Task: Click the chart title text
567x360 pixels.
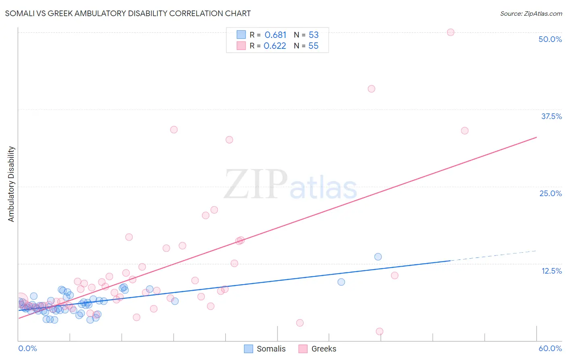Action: tap(128, 13)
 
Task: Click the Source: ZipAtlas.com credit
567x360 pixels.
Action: tap(531, 13)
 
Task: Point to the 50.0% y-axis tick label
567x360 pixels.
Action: tap(550, 39)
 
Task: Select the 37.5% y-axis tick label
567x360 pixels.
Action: tap(551, 116)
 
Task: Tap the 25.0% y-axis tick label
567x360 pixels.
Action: tap(550, 193)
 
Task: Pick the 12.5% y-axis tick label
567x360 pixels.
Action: tap(551, 271)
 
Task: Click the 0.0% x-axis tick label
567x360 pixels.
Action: tap(27, 348)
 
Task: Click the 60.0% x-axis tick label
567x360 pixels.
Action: tap(550, 348)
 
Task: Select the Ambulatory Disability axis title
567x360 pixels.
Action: tap(11, 184)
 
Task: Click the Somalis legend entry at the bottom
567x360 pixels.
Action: tap(265, 349)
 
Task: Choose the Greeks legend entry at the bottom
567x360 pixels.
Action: tap(317, 349)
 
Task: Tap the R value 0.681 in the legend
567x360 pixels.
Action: tap(275, 35)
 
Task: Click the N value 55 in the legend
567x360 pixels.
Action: tap(313, 46)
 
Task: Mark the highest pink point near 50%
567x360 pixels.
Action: tap(450, 32)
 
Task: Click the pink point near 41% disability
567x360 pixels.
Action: tap(371, 89)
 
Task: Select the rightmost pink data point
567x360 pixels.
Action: tap(465, 131)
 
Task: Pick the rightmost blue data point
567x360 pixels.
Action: tap(378, 257)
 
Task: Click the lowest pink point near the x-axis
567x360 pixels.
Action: tap(379, 331)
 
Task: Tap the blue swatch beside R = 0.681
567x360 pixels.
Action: tap(241, 35)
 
